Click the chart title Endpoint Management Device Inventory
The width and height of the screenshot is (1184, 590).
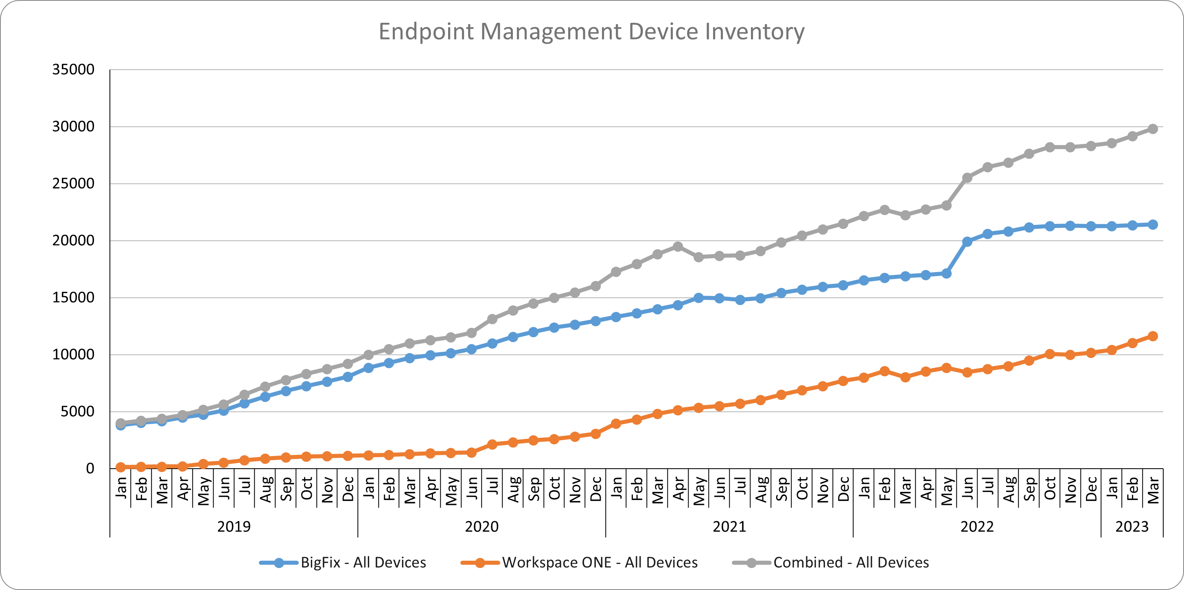click(x=591, y=32)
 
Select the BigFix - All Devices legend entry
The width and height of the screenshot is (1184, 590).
click(x=363, y=562)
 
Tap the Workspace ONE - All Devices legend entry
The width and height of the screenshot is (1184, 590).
click(x=600, y=562)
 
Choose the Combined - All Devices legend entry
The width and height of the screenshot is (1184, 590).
click(x=851, y=562)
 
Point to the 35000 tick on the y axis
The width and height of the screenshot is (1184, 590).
click(x=73, y=70)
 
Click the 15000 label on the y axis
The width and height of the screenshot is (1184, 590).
click(x=73, y=298)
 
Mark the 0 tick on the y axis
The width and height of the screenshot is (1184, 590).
click(x=90, y=468)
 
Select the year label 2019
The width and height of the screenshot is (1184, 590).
click(x=234, y=526)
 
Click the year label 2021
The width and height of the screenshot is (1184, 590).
click(x=729, y=526)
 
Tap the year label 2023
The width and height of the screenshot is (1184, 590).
click(x=1131, y=526)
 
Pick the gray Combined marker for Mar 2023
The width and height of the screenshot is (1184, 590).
click(x=1153, y=129)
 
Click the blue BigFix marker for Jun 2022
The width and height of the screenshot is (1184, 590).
click(x=967, y=241)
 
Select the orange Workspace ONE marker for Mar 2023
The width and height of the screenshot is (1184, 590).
click(x=1153, y=336)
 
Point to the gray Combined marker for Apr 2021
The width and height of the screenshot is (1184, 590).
click(x=678, y=246)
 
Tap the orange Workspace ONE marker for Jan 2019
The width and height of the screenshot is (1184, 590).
click(x=120, y=467)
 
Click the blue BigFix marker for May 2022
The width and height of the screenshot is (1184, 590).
click(x=946, y=274)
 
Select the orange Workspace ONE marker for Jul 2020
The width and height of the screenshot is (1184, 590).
click(x=492, y=444)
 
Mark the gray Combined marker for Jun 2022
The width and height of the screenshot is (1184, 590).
click(x=967, y=178)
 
